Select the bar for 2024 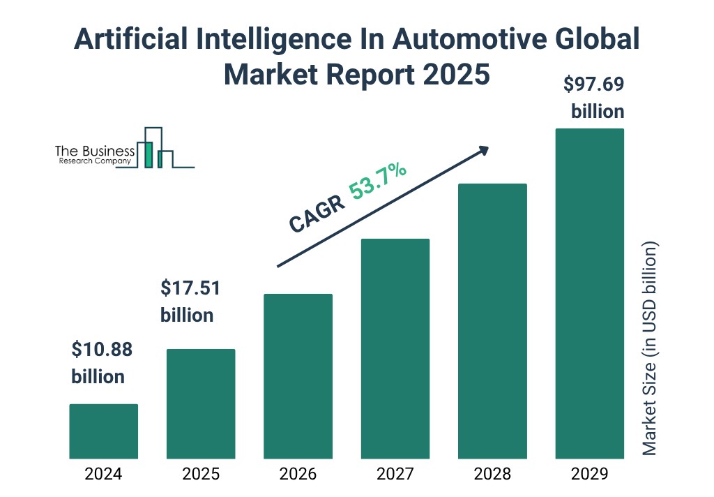103,431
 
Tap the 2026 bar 298,376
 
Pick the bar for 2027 395,348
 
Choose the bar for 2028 492,321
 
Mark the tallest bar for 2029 589,293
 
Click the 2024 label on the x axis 103,475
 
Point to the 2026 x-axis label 298,475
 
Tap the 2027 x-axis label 395,475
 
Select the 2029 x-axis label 589,475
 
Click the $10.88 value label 102,349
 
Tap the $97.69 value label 593,85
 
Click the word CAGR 317,213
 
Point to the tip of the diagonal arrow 487,147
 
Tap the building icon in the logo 155,148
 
